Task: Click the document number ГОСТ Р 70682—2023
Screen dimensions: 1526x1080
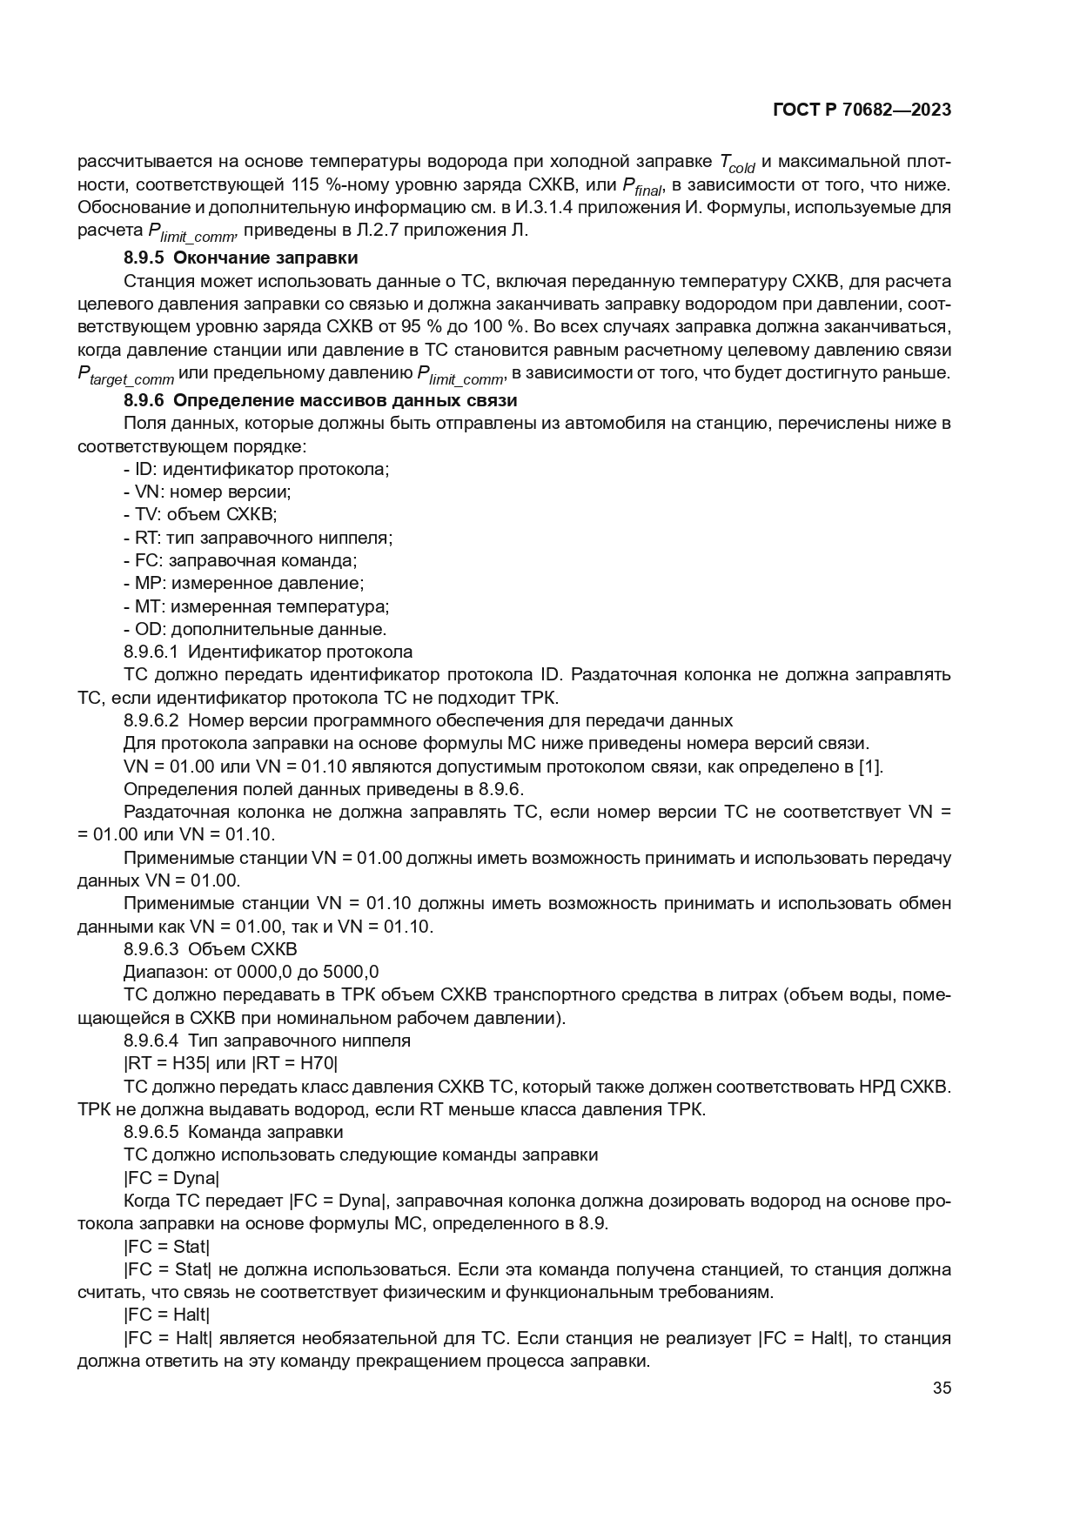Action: pyautogui.click(x=862, y=110)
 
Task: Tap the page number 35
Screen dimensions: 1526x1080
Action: pyautogui.click(x=942, y=1389)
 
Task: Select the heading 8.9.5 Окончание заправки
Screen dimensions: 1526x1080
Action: pyautogui.click(x=241, y=258)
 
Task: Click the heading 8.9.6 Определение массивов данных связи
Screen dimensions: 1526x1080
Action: pyautogui.click(x=320, y=401)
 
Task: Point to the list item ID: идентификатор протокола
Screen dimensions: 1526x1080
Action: pyautogui.click(x=257, y=469)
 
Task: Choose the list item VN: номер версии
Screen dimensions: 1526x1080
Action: pyautogui.click(x=207, y=492)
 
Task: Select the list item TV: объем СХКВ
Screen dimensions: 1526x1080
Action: pyautogui.click(x=200, y=514)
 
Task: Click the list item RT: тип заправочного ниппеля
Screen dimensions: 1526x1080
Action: pyautogui.click(x=258, y=538)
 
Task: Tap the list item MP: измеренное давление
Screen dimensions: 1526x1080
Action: pyautogui.click(x=244, y=583)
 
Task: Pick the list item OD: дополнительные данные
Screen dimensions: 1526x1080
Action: pyautogui.click(x=255, y=629)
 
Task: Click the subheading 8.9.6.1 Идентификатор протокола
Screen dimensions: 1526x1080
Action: pyautogui.click(x=268, y=652)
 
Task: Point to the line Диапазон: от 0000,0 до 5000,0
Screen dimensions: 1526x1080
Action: pyautogui.click(x=252, y=972)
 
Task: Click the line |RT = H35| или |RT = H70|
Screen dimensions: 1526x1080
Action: pyautogui.click(x=231, y=1063)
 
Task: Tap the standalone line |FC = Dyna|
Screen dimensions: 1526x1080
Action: pyautogui.click(x=171, y=1178)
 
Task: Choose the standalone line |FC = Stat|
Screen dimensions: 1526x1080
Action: pyautogui.click(x=167, y=1247)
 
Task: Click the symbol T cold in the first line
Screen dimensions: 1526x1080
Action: pyautogui.click(x=736, y=163)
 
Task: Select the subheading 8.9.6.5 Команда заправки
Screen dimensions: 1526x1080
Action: pyautogui.click(x=233, y=1132)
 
